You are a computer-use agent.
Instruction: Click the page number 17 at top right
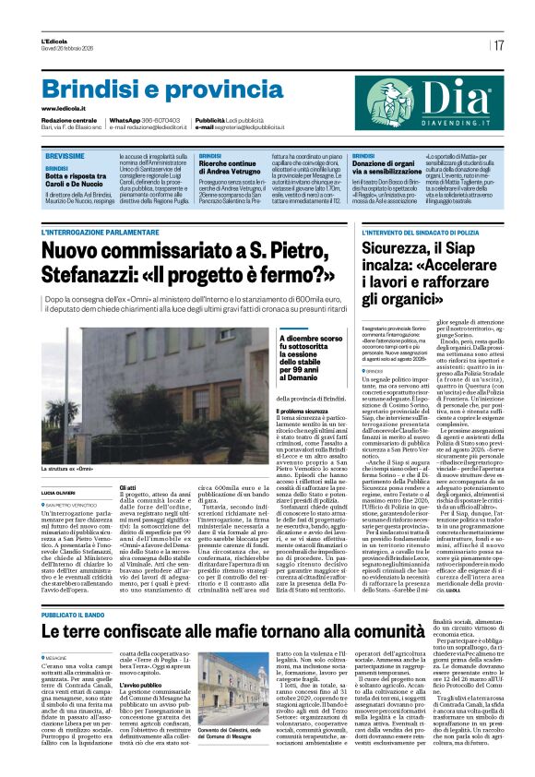498,45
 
